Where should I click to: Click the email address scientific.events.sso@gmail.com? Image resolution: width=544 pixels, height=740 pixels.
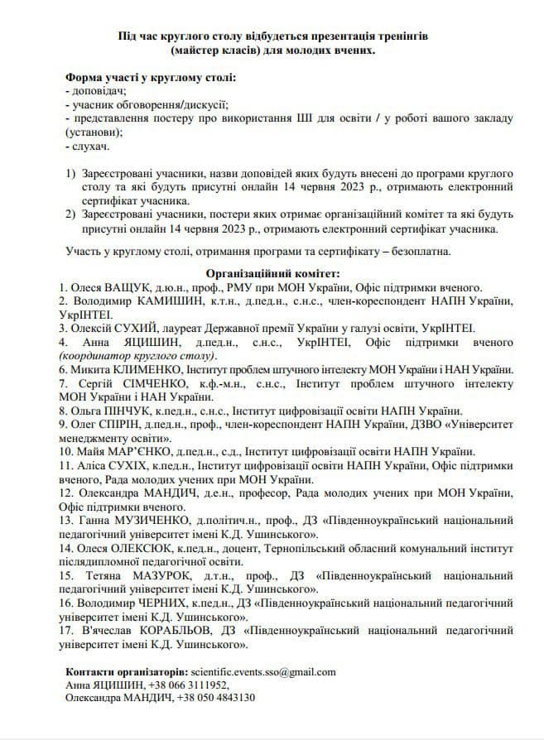tap(262, 671)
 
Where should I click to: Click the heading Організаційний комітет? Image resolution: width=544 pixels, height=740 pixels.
tap(272, 272)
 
